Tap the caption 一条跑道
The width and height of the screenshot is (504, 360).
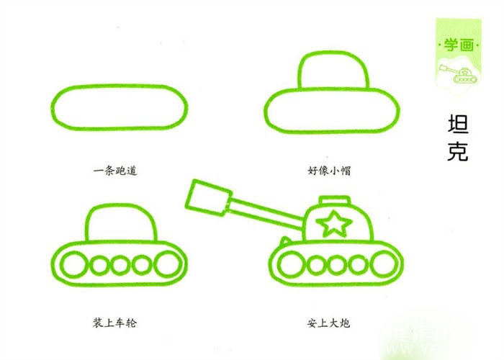point(115,171)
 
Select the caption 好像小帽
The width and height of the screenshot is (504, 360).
point(329,171)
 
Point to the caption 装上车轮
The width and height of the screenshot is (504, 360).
point(114,323)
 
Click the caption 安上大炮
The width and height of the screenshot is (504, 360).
point(328,323)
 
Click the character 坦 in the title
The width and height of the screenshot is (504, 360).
point(458,123)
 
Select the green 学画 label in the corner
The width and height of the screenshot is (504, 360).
point(459,45)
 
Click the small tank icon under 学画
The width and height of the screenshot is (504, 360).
point(458,74)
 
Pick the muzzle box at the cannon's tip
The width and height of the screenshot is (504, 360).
point(208,198)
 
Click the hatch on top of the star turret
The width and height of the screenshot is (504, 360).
point(334,201)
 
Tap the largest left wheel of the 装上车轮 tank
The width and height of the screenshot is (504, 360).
point(74,264)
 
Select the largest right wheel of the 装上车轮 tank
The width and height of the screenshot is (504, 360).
point(168,264)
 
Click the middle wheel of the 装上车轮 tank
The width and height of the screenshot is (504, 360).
point(120,265)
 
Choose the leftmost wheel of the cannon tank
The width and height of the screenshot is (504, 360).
point(292,265)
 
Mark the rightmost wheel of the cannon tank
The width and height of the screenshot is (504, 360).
point(384,264)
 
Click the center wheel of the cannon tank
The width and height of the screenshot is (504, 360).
point(337,266)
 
